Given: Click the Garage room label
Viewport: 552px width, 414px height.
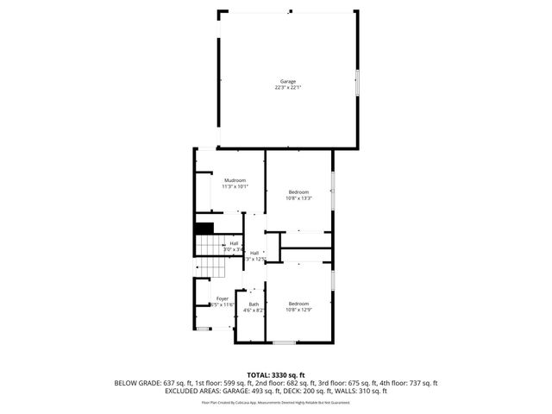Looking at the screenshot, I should pos(287,81).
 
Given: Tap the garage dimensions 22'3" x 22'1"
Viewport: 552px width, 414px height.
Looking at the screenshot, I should pos(287,87).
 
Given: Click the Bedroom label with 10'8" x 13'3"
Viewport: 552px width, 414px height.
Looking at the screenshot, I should pos(298,191).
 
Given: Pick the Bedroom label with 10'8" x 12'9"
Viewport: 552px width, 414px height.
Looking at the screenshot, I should pos(298,303).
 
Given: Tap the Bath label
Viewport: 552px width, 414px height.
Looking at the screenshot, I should pos(254,304).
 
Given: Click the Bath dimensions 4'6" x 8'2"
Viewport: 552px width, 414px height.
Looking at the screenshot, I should pos(254,310).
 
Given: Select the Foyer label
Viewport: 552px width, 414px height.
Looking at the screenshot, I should pos(223,298).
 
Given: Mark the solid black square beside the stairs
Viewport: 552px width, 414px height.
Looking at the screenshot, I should pos(204,228).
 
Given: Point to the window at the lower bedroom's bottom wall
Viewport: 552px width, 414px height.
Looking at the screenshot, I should pos(284,342).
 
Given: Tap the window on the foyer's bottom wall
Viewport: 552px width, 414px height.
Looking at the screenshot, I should pos(204,328).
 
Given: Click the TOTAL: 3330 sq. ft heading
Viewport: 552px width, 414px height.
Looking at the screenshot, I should pos(276,375).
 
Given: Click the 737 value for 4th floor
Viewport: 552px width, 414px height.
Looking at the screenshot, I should pos(416,383).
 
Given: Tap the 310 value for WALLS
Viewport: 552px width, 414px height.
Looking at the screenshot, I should pos(360,391).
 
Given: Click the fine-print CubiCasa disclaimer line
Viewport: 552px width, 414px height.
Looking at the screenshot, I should pos(276,402).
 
